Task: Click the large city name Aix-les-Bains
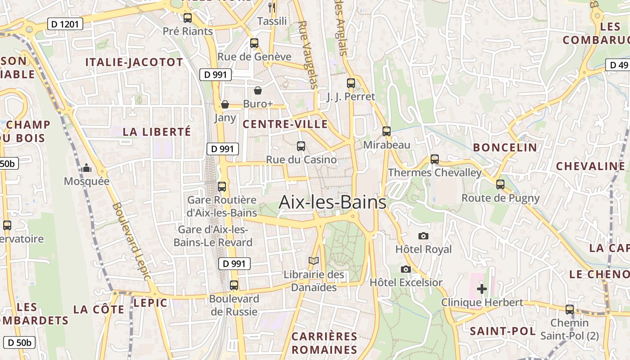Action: tap(332, 202)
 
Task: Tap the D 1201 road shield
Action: tap(65, 24)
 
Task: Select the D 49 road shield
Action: tap(618, 65)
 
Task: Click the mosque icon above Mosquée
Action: tap(87, 168)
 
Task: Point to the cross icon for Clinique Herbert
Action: tap(481, 288)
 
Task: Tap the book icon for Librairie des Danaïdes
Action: tap(314, 261)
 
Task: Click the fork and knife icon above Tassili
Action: tap(272, 7)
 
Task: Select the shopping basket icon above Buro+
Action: tap(258, 90)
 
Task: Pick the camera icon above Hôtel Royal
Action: tap(423, 236)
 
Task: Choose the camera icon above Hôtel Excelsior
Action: tap(406, 269)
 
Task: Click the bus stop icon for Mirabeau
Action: tap(387, 131)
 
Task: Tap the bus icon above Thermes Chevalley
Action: tap(434, 159)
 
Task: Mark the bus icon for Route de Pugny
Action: tap(500, 184)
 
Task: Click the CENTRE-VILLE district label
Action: tap(285, 124)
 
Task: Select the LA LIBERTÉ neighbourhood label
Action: tap(157, 132)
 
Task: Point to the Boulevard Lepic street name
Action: tap(130, 241)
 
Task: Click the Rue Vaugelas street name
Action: tap(308, 54)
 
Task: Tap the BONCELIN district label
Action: tap(505, 148)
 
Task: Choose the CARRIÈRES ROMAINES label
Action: tap(324, 343)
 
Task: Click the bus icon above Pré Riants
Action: tap(188, 18)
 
